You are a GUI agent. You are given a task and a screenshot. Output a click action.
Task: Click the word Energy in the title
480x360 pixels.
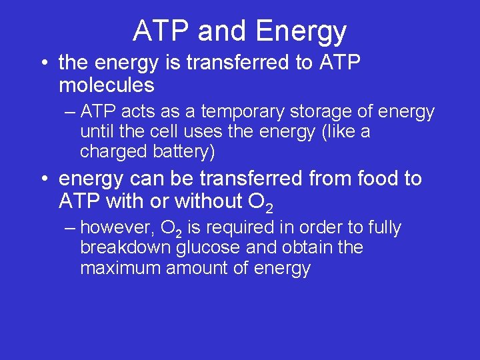pos(301,31)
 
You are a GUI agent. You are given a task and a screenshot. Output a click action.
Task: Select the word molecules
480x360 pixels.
pos(107,85)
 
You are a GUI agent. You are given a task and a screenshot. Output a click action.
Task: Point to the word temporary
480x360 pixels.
pos(229,112)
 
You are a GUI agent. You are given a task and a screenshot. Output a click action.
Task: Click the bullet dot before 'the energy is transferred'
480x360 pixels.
pos(43,64)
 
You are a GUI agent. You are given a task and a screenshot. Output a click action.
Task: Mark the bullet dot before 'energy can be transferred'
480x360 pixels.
pos(43,179)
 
